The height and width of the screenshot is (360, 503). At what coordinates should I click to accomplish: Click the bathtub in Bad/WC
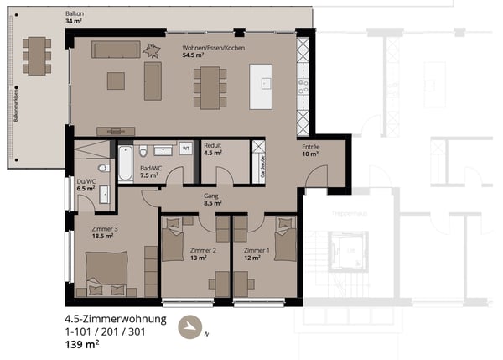tap(125, 163)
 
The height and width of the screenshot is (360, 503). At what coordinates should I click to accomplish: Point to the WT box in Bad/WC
tap(186, 149)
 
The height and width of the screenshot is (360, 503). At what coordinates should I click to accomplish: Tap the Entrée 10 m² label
tap(311, 150)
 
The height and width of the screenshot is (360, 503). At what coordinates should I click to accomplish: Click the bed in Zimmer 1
tap(285, 238)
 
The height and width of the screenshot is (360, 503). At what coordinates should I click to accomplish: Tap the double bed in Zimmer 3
tap(106, 273)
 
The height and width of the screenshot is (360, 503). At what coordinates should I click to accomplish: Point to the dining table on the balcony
tap(36, 55)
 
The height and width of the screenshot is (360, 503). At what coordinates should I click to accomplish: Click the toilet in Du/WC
tap(103, 170)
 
